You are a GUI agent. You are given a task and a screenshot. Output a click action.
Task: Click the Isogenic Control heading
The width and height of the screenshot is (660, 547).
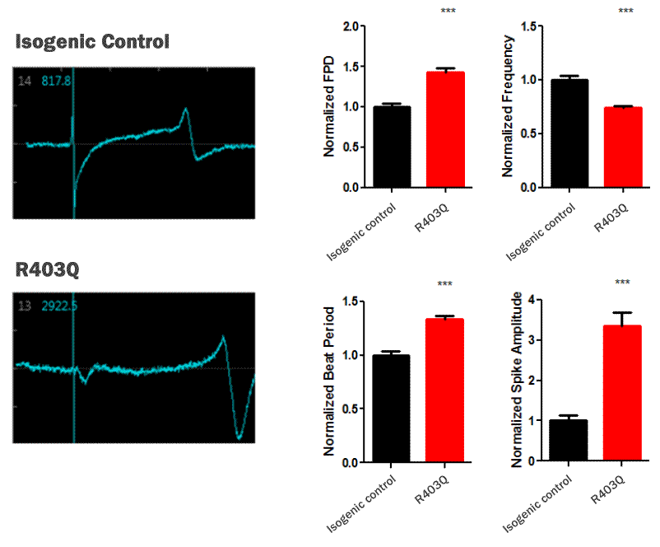tap(92, 40)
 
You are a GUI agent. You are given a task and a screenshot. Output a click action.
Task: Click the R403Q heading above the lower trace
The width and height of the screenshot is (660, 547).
tap(47, 269)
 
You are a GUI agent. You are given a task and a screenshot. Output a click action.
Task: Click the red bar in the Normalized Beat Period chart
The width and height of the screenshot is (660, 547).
tap(445, 390)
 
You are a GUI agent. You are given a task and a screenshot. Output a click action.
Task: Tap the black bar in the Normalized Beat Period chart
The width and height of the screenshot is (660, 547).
tap(392, 409)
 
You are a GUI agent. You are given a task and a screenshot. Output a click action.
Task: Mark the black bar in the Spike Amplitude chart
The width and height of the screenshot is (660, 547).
tap(569, 441)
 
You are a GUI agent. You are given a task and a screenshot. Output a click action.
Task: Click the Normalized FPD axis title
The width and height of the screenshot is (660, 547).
tap(329, 107)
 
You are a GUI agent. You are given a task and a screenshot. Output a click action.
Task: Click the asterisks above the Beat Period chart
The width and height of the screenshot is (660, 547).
tap(445, 285)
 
